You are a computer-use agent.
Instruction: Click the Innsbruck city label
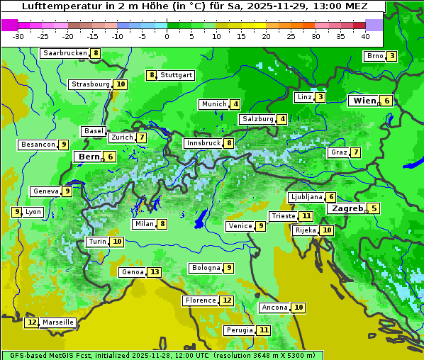pyautogui.click(x=203, y=143)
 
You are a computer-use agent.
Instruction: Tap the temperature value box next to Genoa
pyautogui.click(x=155, y=272)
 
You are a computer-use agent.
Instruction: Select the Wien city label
pyautogui.click(x=365, y=101)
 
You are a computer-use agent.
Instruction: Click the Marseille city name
pyautogui.click(x=57, y=322)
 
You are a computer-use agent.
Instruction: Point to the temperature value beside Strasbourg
pyautogui.click(x=121, y=84)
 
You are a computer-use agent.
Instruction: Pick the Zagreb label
pyautogui.click(x=347, y=208)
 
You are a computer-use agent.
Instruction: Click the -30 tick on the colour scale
pyautogui.click(x=18, y=36)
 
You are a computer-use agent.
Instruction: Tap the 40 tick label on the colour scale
pyautogui.click(x=365, y=36)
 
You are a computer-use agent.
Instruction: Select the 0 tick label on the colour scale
pyautogui.click(x=167, y=36)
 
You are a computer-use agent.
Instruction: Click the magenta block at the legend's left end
pyautogui.click(x=10, y=25)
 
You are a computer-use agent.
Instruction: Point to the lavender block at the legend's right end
pyautogui.click(x=374, y=25)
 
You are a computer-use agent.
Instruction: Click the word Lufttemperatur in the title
pyautogui.click(x=56, y=6)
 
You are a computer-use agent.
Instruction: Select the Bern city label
pyautogui.click(x=89, y=157)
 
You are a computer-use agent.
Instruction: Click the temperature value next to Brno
pyautogui.click(x=392, y=56)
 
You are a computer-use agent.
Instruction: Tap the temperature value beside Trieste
pyautogui.click(x=306, y=216)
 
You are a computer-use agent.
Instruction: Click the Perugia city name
pyautogui.click(x=239, y=330)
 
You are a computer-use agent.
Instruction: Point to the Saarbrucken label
pyautogui.click(x=65, y=53)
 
